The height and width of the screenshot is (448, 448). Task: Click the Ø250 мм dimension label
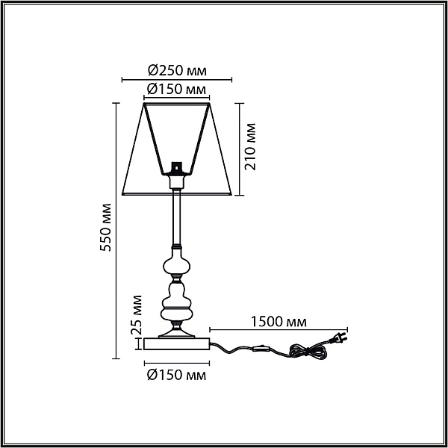177,70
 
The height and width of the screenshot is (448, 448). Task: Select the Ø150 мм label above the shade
176,89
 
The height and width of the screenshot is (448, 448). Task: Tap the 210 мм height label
250,147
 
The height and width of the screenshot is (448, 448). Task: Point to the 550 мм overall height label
105,228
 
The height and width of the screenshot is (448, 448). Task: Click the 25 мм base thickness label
136,314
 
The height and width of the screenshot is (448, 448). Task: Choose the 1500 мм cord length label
279,322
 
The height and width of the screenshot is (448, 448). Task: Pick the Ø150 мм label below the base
176,375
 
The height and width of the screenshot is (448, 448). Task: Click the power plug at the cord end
338,338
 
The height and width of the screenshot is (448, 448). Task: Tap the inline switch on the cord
261,349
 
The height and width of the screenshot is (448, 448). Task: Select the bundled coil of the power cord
308,351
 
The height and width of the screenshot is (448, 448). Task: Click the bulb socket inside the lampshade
176,168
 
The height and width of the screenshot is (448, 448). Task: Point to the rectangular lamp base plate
177,343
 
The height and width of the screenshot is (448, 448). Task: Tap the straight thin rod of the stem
176,217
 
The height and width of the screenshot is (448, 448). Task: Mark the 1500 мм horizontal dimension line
279,330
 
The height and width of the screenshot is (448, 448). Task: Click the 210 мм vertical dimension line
240,149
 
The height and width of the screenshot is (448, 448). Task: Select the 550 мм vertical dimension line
116,231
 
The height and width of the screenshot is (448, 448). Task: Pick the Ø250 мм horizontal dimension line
177,80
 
